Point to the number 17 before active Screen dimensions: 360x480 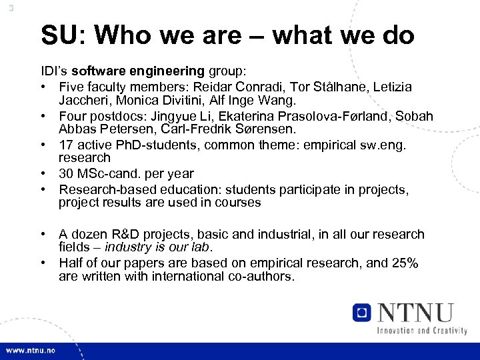(67, 145)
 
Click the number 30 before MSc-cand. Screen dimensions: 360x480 (67, 174)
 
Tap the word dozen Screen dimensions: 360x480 (89, 234)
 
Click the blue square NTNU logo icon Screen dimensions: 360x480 (362, 312)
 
